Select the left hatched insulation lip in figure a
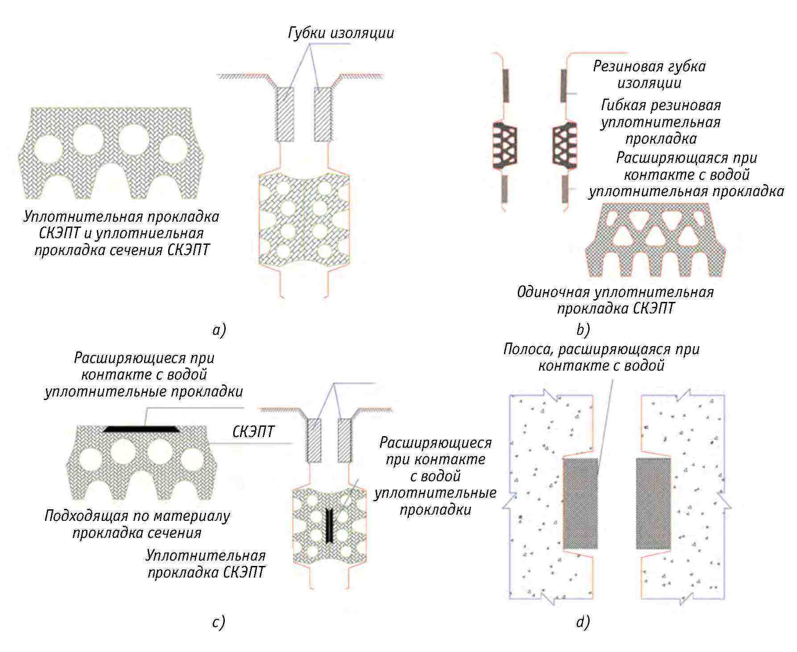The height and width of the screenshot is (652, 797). point(285,114)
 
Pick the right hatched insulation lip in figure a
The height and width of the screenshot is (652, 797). point(323,114)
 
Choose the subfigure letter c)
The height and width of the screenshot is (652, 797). point(218,622)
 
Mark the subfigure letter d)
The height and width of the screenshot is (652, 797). point(582,622)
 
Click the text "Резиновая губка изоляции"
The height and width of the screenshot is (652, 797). point(649,74)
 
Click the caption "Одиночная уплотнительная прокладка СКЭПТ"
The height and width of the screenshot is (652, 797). point(615,300)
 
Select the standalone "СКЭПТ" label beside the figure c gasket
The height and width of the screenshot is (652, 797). point(253,432)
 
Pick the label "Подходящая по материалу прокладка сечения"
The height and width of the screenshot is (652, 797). point(137,524)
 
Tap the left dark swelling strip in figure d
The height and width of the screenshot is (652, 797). point(580,503)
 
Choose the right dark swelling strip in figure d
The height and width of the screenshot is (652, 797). point(653,503)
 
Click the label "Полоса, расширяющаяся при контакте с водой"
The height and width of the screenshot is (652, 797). point(601,357)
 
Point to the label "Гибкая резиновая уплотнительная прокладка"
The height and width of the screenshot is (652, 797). point(661,122)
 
